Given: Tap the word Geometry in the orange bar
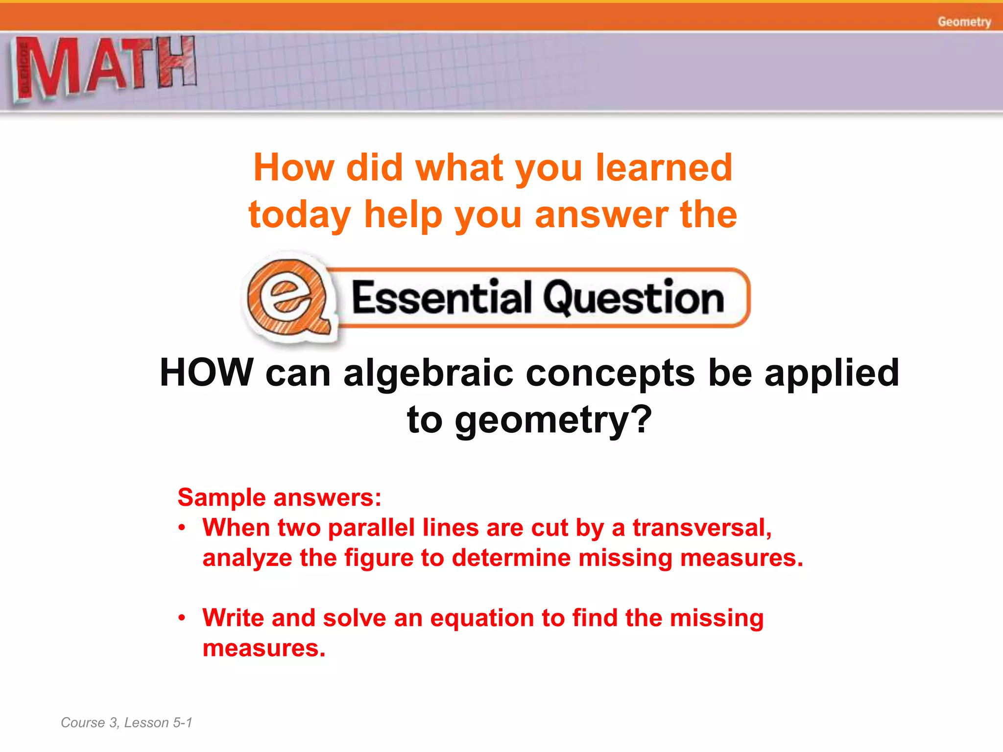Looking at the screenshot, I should point(964,22).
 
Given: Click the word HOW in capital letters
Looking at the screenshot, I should point(206,373).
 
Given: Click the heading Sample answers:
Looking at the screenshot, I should point(279,497).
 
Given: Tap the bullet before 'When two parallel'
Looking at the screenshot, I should point(182,528).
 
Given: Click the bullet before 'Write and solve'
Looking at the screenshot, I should point(182,618).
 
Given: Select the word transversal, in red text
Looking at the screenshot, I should point(702,528).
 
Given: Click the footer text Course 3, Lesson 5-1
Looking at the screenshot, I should point(126,723).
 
